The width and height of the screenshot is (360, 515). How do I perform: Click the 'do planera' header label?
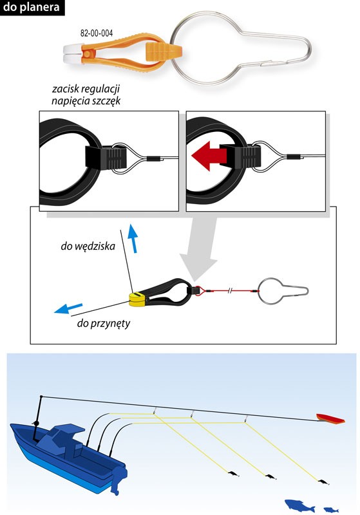coord(32,7)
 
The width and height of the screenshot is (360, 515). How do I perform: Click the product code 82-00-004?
coord(97,33)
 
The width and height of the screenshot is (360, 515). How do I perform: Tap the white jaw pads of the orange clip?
coord(72,53)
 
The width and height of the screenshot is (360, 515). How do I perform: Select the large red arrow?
coord(209,156)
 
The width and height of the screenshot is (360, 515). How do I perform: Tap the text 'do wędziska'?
coord(88,246)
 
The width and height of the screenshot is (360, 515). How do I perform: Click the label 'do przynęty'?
coord(104,324)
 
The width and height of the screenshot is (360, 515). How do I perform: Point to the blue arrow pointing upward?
coord(133,238)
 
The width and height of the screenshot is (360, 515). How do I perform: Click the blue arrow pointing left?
coord(68,308)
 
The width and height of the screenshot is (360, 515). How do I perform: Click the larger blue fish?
coord(299,505)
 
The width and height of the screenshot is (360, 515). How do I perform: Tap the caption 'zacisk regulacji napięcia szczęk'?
coord(86,95)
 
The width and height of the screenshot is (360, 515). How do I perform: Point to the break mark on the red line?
coord(231,291)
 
